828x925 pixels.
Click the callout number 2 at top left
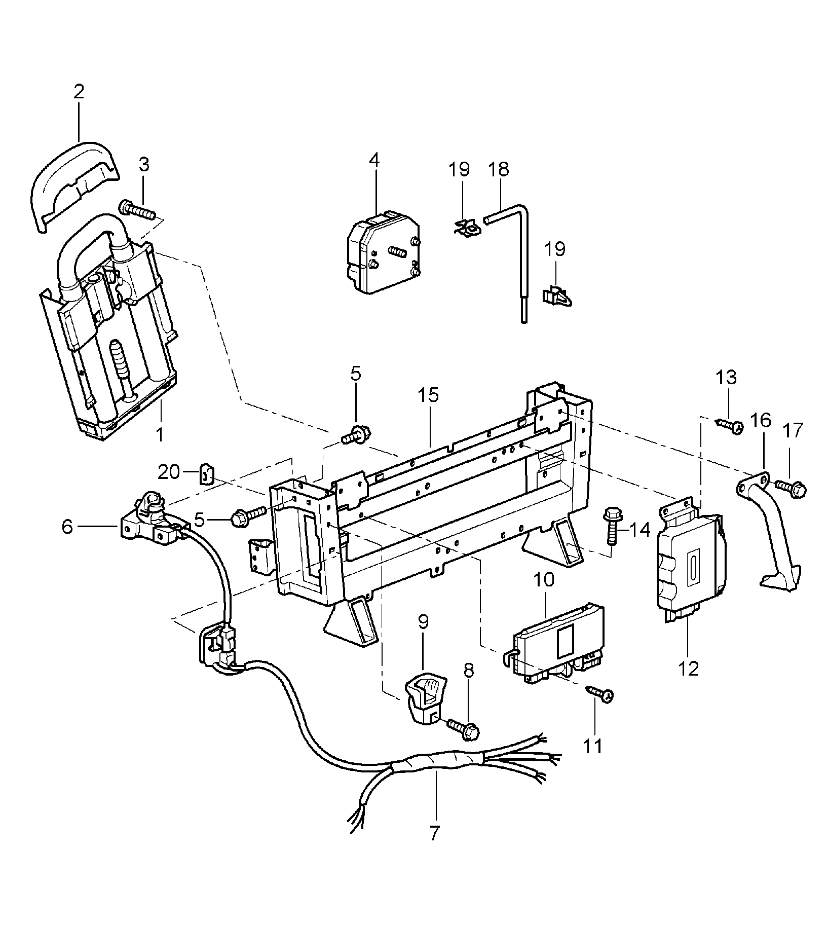coord(79,92)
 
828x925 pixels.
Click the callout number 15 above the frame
coord(428,395)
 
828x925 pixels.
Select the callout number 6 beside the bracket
coord(67,527)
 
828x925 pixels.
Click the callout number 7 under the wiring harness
coord(434,833)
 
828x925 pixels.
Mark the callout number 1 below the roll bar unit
coord(160,434)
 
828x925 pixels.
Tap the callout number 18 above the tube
coord(499,169)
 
